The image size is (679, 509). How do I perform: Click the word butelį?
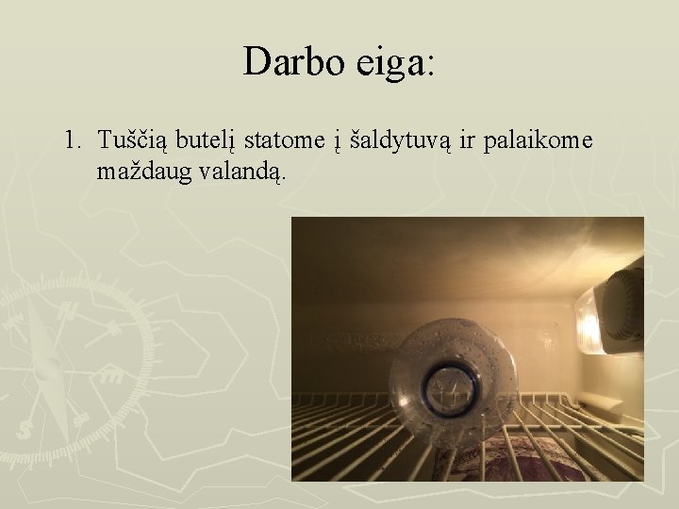[207, 141]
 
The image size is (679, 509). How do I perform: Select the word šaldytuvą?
[395, 141]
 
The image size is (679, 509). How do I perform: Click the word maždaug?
[142, 173]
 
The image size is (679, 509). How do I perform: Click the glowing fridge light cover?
[588, 320]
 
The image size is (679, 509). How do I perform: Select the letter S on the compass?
[25, 430]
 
